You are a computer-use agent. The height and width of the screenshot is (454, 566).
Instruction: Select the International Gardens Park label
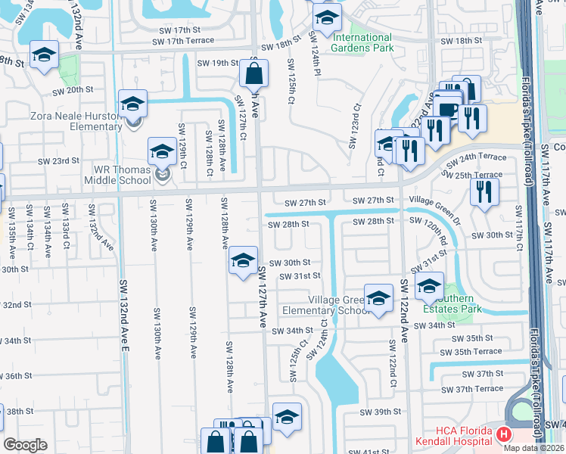[x=363, y=42]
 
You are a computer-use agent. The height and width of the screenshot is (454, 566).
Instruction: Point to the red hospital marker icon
[x=504, y=435]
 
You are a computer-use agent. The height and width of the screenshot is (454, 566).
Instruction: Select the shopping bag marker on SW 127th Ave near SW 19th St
[x=253, y=74]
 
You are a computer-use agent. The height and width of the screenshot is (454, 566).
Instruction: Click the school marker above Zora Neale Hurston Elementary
[x=133, y=103]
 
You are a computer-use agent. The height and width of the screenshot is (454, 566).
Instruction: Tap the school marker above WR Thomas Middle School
[x=162, y=151]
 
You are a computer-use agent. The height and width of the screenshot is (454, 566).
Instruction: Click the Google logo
[x=25, y=445]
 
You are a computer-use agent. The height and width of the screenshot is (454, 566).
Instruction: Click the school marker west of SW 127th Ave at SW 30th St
[x=242, y=262]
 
